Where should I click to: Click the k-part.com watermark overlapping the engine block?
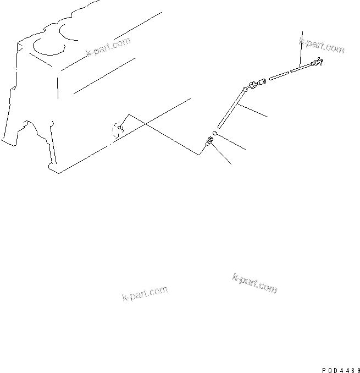(108, 47)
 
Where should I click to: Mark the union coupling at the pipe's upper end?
(257, 84)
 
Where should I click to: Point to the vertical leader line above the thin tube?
(301, 47)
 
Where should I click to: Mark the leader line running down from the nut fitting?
(222, 156)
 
